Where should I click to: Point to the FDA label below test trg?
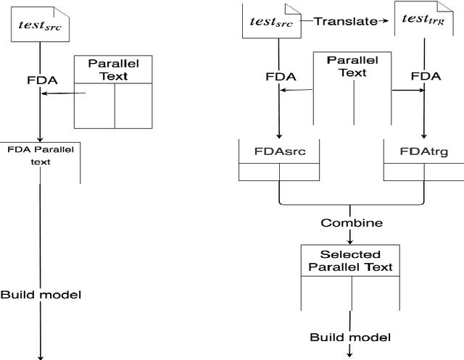[x=423, y=75]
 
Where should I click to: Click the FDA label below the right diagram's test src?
[x=279, y=75]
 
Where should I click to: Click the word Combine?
[x=351, y=222]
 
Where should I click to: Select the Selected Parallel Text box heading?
[x=351, y=261]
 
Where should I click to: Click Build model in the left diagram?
[x=40, y=295]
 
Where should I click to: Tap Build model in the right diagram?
[x=351, y=337]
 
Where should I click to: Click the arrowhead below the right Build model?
[x=351, y=353]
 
